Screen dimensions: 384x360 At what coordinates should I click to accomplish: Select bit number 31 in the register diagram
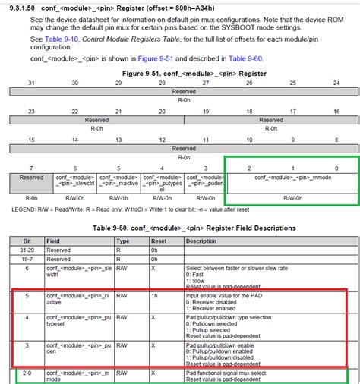click(31, 82)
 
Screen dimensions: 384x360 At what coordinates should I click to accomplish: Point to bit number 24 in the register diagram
click(336, 82)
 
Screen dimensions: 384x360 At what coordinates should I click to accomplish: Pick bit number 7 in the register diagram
click(31, 167)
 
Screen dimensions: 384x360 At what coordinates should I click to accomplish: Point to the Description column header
click(201, 241)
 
